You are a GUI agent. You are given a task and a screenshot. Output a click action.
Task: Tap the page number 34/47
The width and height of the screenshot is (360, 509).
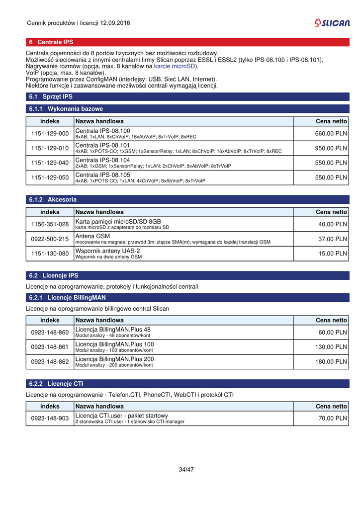[186, 469]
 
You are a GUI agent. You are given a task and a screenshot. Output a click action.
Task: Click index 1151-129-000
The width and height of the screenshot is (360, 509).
[50, 133]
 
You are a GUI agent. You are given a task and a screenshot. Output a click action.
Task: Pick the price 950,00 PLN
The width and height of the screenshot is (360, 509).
[331, 148]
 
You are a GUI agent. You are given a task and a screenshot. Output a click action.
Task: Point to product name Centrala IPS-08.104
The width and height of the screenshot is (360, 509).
[102, 160]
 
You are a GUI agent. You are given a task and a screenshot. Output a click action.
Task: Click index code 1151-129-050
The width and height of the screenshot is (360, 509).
[50, 177]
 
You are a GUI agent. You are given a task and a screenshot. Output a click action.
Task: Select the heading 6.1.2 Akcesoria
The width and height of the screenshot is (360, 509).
[53, 199]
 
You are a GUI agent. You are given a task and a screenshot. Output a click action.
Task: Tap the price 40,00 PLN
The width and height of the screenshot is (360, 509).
[332, 224]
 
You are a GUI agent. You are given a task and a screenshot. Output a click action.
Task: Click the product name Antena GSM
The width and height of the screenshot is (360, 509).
[92, 236]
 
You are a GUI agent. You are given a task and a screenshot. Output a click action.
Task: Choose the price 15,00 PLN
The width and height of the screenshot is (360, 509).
[332, 254]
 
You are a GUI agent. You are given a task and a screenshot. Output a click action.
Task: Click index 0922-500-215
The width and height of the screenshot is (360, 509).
[50, 239]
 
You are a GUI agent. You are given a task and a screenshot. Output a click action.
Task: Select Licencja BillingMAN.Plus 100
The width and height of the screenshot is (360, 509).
[114, 344]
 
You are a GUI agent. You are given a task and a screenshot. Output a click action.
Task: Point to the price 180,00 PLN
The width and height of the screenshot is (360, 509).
[331, 362]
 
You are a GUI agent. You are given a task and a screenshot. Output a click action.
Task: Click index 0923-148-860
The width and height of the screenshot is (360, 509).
[50, 332]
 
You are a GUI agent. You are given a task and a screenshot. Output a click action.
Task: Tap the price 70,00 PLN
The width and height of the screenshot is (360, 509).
[332, 419]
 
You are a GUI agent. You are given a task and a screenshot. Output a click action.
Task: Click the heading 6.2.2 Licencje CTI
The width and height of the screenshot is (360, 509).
[56, 384]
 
